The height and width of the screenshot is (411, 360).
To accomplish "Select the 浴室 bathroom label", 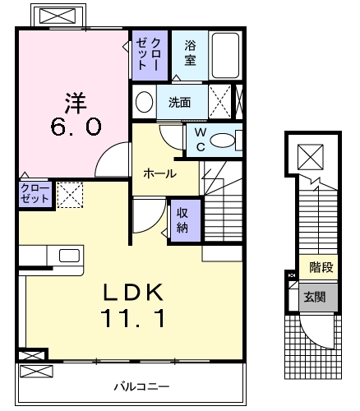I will (x=190, y=53).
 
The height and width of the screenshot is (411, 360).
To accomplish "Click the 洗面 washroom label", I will (x=179, y=103).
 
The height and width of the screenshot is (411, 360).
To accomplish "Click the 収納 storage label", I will (x=183, y=219).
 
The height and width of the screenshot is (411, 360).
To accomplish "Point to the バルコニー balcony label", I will (x=141, y=385).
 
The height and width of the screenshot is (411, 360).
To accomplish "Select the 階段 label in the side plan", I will (x=320, y=268).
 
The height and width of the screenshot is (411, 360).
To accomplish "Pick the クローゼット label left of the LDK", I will (x=35, y=194).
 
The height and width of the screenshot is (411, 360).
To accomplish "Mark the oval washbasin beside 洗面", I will (x=145, y=103).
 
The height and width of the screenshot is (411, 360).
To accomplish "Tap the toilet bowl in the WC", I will (x=223, y=141).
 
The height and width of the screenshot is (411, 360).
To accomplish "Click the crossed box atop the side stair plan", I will (x=311, y=155).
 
